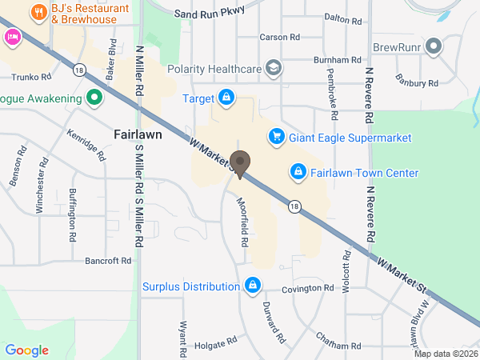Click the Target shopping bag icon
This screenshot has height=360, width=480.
(x=227, y=98)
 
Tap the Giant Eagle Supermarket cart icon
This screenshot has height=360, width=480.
(x=276, y=138)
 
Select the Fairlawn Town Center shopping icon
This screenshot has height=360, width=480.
(x=298, y=172)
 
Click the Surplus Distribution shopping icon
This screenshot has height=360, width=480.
(x=253, y=286)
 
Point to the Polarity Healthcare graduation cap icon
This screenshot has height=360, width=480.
(x=274, y=69)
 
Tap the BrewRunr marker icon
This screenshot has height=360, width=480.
(x=434, y=47)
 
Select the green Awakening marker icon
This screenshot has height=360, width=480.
(x=94, y=98)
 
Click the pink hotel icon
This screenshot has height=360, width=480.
(x=11, y=36)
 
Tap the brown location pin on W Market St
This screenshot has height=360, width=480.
(x=240, y=163)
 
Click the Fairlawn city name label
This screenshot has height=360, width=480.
(x=138, y=134)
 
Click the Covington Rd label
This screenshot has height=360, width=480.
(x=307, y=288)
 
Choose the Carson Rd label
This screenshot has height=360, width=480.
(x=279, y=37)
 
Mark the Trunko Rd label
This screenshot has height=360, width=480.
(x=32, y=78)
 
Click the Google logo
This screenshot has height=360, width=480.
(x=26, y=350)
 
